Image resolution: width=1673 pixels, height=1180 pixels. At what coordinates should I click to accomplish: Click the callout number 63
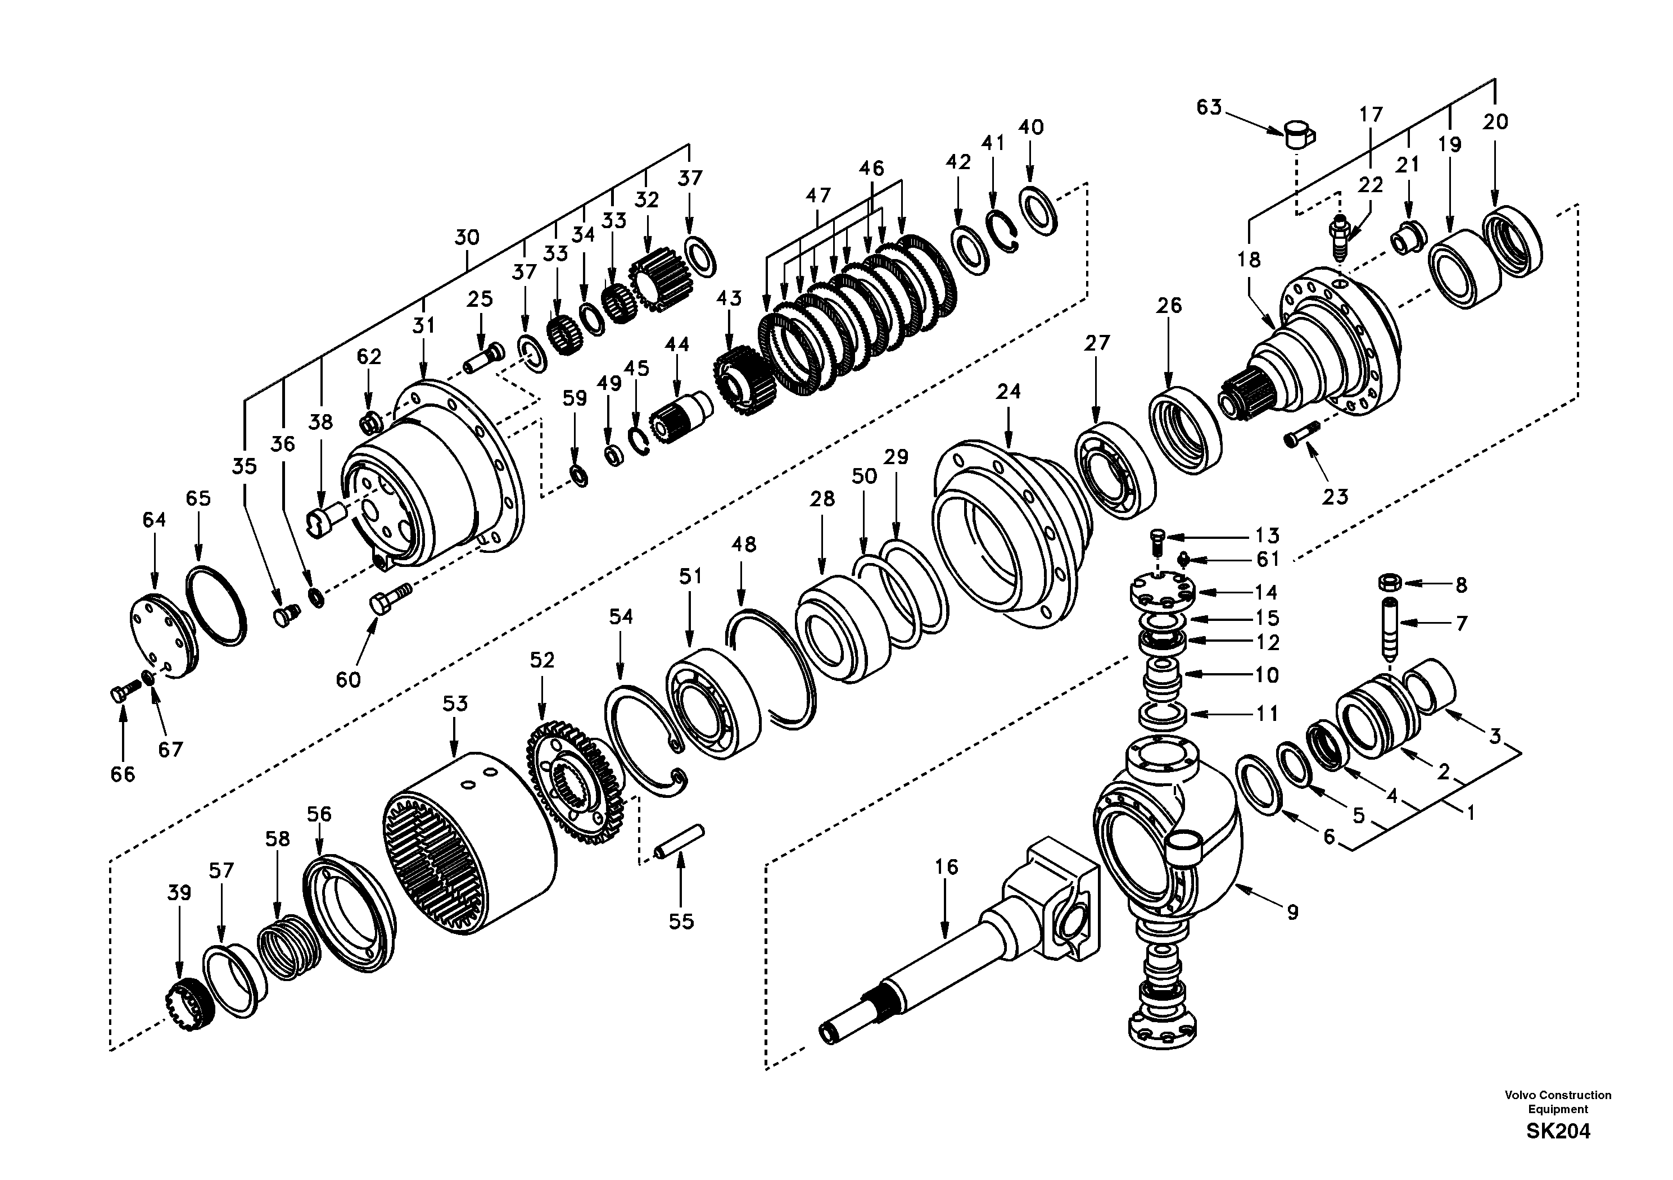click(x=1209, y=107)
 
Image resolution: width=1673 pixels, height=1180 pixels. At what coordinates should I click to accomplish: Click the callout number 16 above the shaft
click(x=947, y=867)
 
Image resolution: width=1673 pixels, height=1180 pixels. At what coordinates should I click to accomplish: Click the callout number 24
click(x=1009, y=392)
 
